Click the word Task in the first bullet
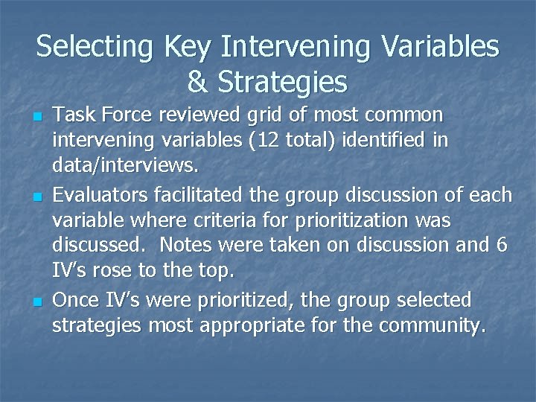71,115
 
